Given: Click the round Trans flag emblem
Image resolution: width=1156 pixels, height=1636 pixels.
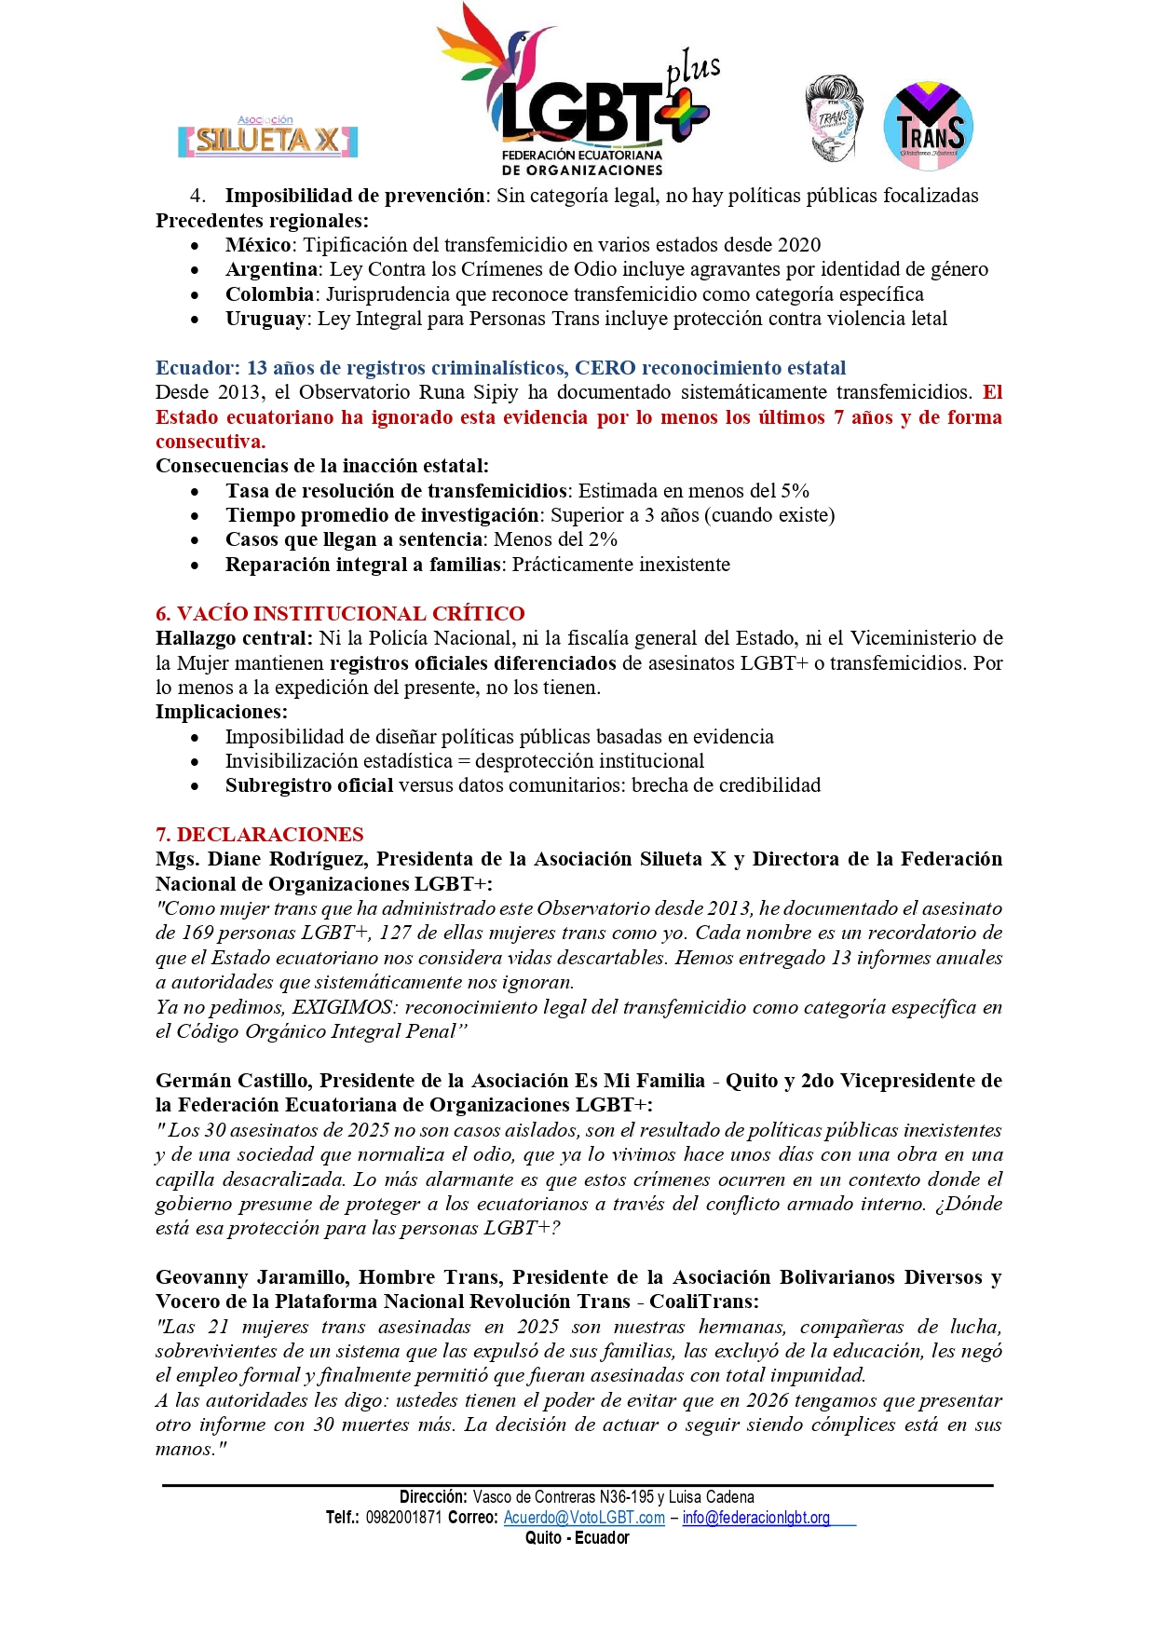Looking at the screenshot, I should (x=928, y=127).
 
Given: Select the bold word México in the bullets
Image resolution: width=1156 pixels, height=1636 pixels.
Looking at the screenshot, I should (x=258, y=245).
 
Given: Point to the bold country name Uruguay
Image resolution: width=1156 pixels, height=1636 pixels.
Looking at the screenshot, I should (x=265, y=319).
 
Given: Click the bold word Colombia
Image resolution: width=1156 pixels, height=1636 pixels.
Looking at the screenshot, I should (x=269, y=294).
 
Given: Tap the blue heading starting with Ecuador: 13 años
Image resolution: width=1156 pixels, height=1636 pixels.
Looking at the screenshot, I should (x=500, y=368).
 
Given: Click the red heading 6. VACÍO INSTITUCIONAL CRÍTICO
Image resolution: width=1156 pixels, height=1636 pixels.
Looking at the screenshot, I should (x=340, y=614).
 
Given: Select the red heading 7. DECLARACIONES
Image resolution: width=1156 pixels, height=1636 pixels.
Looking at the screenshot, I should (x=259, y=835).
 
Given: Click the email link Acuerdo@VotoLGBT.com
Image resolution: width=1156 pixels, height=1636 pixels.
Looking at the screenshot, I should (x=584, y=1518).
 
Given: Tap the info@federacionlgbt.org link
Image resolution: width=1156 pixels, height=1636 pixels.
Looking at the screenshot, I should (x=755, y=1518).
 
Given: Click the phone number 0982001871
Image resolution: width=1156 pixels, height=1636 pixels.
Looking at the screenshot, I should (x=403, y=1518).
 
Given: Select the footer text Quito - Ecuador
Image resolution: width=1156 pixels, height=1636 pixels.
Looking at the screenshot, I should (x=578, y=1538).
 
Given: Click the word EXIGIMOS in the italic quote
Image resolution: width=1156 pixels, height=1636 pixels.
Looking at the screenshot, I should (x=344, y=1007).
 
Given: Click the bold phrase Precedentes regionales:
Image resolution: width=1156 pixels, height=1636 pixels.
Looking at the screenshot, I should (x=262, y=221).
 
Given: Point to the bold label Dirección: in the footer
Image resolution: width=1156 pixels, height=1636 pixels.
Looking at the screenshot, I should (x=433, y=1497).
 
